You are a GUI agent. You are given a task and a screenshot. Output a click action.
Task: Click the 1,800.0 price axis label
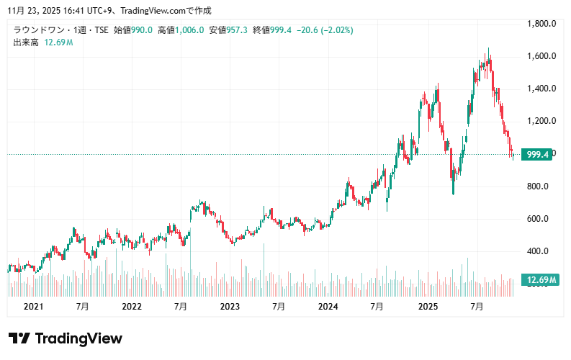pyautogui.click(x=543, y=24)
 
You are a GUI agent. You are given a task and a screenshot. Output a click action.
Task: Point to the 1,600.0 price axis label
pyautogui.click(x=543, y=56)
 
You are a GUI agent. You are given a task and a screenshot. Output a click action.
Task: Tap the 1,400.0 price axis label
pyautogui.click(x=543, y=89)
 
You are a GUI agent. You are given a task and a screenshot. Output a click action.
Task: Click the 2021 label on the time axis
pyautogui.click(x=34, y=307)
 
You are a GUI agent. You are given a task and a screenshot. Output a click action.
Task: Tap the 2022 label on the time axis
pyautogui.click(x=132, y=307)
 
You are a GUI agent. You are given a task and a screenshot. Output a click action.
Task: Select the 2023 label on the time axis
pyautogui.click(x=230, y=307)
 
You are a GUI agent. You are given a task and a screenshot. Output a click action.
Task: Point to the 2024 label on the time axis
pyautogui.click(x=328, y=307)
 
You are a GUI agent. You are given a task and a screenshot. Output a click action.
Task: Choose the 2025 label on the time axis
pyautogui.click(x=428, y=307)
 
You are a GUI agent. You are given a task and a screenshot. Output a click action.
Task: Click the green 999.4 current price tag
pyautogui.click(x=538, y=155)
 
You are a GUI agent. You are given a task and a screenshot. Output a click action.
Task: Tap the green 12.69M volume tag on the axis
pyautogui.click(x=540, y=280)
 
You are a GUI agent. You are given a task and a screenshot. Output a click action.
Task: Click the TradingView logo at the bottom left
pyautogui.click(x=66, y=338)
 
